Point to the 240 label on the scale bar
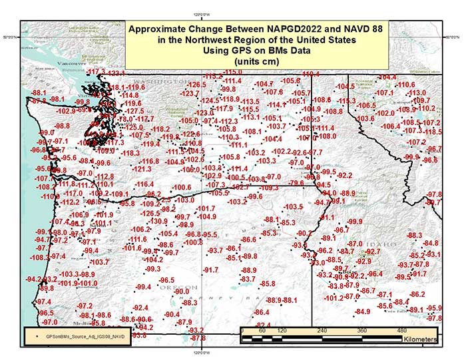pos(322,330)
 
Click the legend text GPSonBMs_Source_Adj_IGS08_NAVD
pos(86,337)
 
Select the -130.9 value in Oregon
pos(157,222)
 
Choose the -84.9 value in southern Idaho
pos(363,311)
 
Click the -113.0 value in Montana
pos(417,93)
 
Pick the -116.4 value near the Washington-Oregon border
pos(144,184)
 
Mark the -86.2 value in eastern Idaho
pos(417,294)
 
